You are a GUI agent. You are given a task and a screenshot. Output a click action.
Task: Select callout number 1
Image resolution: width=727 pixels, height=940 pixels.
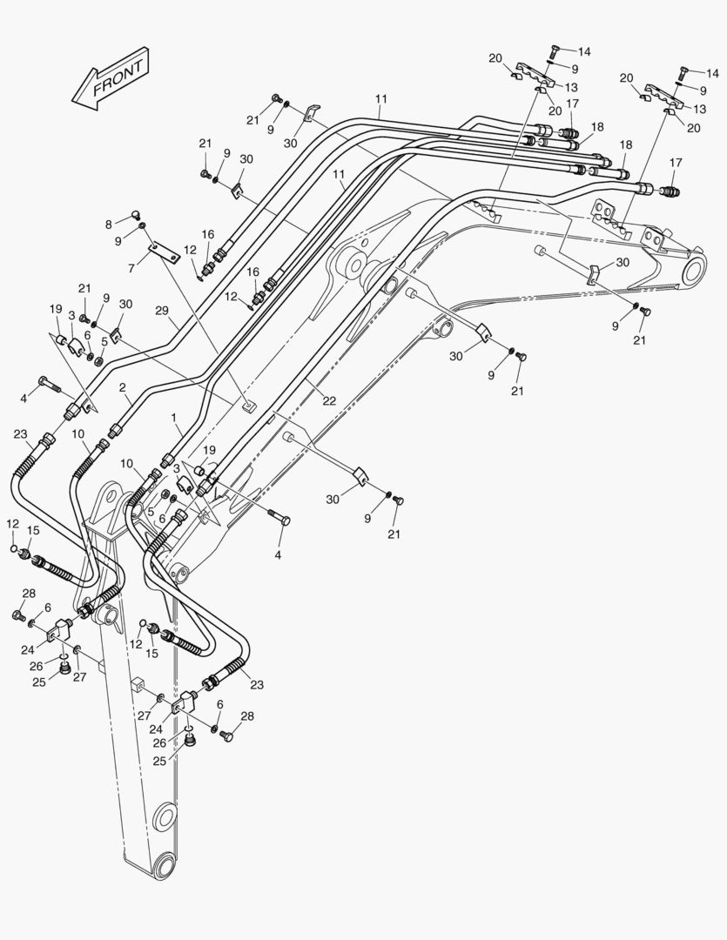click(x=175, y=419)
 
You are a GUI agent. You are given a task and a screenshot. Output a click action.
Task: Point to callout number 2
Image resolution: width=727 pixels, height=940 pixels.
click(x=123, y=387)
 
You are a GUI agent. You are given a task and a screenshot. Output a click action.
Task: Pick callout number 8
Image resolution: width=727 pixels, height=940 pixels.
click(x=108, y=225)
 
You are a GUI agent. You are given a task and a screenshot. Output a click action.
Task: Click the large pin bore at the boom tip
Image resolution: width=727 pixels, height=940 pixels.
click(x=693, y=272)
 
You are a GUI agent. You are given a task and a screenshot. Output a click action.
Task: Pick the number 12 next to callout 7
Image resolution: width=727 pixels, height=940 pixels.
click(x=190, y=250)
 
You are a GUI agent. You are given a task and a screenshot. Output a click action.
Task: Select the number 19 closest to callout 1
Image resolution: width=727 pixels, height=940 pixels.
click(x=209, y=450)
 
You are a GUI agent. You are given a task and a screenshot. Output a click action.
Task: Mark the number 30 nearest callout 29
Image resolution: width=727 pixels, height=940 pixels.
click(x=125, y=304)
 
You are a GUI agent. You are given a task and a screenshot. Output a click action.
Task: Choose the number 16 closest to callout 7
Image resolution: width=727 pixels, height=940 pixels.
click(x=208, y=234)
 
